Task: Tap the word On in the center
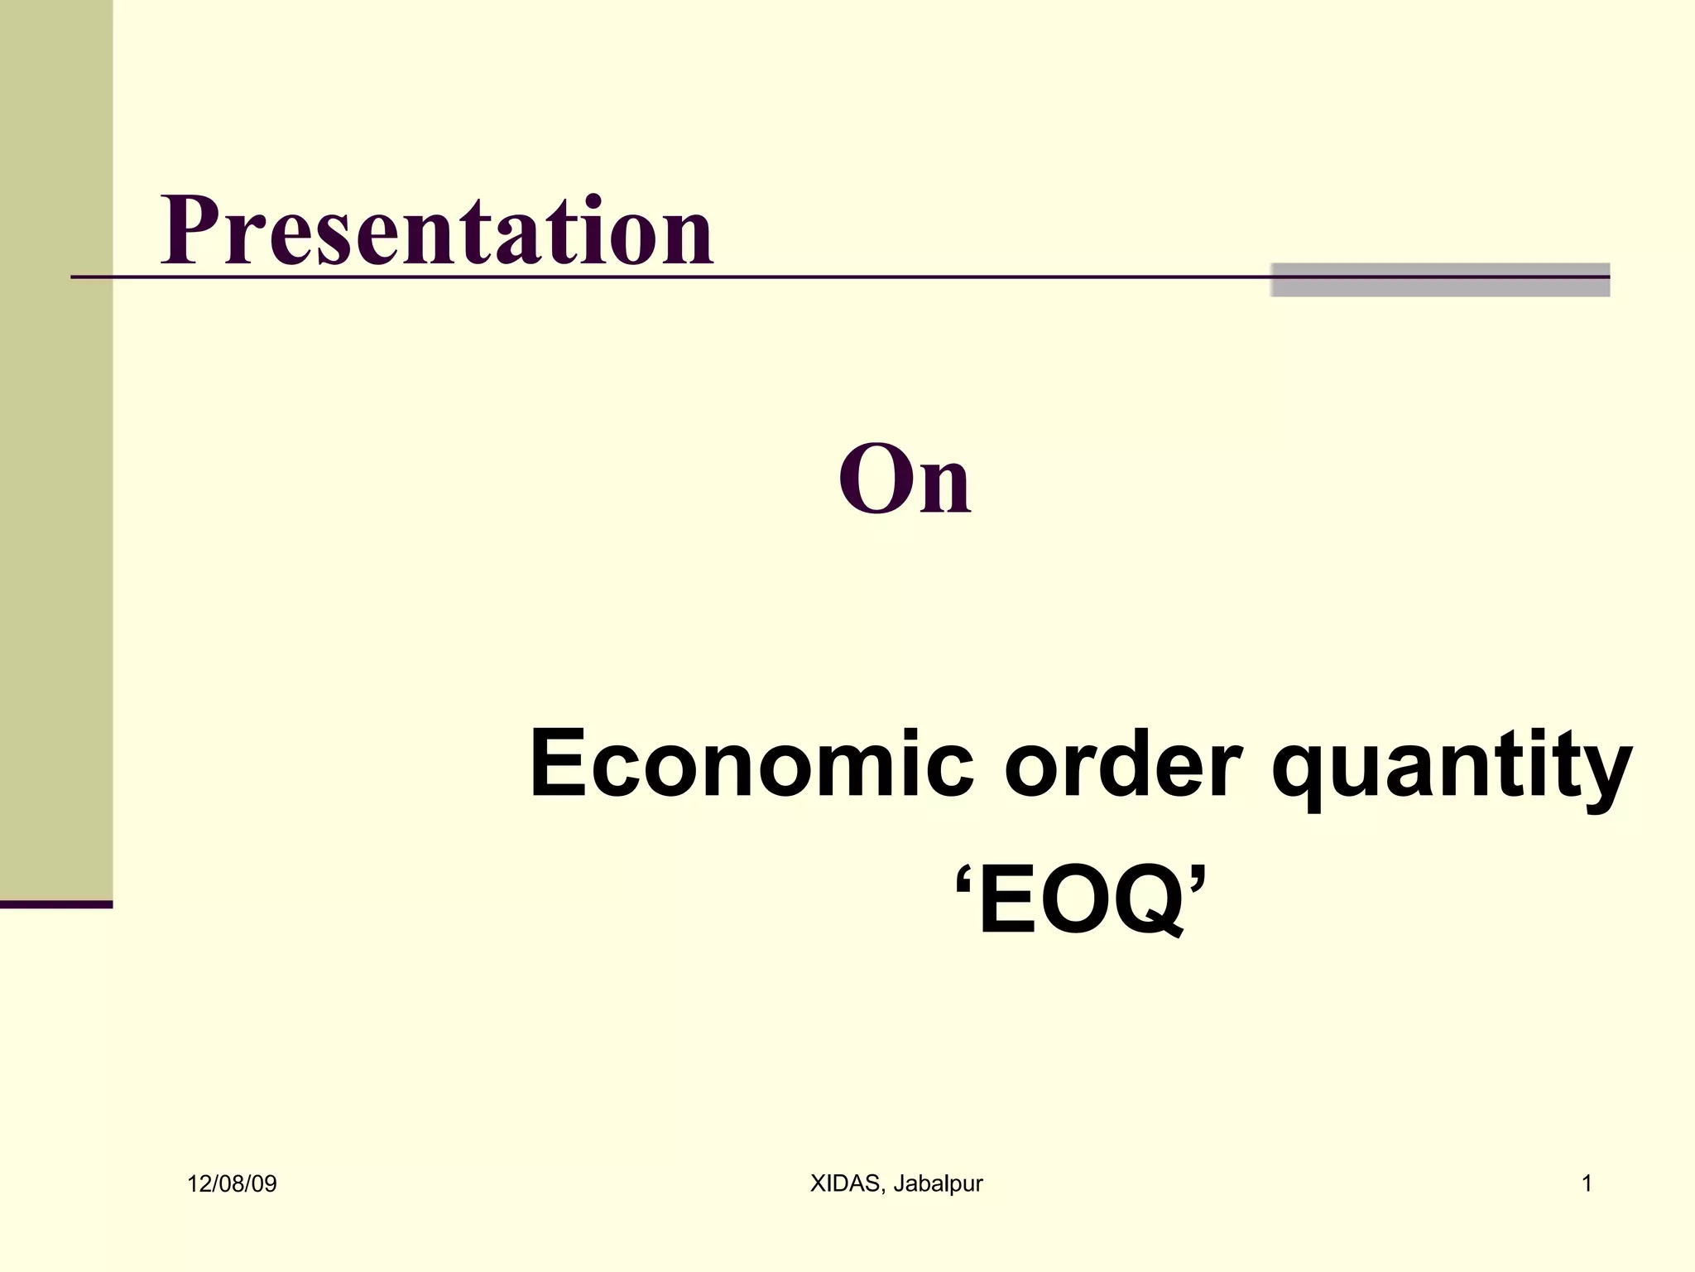904,479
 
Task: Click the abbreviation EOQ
1080,900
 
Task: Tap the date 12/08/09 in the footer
232,1184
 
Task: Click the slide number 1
1587,1184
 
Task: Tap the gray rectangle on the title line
1439,280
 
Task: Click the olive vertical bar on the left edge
56,447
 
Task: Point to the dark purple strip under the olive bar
56,904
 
